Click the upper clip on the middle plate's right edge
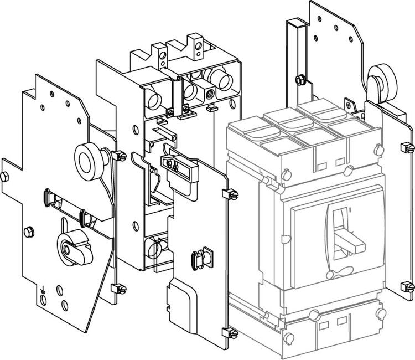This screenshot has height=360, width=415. pos(229,194)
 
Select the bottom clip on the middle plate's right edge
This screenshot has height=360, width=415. pos(227,333)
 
